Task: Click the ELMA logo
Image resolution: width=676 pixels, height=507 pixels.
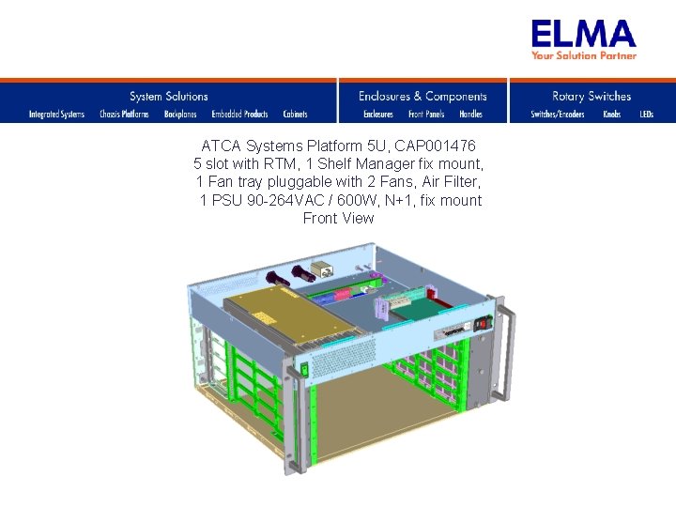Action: coord(583,35)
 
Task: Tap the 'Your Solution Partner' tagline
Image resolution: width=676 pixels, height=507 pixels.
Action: coord(583,55)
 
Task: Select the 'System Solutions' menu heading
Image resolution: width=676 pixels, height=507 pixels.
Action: coord(169,96)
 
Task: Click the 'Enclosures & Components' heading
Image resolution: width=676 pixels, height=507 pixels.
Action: coord(422,96)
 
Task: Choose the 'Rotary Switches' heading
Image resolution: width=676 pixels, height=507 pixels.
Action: coord(591,96)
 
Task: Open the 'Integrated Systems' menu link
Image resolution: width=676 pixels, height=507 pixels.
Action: coord(56,115)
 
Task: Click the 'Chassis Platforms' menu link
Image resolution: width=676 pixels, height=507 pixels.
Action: coord(124,115)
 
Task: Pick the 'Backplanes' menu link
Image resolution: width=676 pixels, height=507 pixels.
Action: coord(180,115)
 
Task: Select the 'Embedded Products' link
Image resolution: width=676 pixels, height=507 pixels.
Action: coord(239,115)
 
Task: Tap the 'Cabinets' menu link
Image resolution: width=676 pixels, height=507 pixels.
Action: coord(295,115)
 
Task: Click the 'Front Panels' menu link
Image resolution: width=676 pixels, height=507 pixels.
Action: coord(426,115)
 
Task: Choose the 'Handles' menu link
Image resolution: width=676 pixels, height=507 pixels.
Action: coord(470,115)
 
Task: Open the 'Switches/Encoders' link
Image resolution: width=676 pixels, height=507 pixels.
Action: coord(558,115)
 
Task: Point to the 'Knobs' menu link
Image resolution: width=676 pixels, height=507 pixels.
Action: coord(611,115)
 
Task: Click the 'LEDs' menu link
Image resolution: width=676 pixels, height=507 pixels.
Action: coord(646,115)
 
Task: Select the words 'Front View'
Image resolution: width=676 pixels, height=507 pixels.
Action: coord(338,218)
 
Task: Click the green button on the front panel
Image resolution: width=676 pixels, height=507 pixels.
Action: coord(303,371)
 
